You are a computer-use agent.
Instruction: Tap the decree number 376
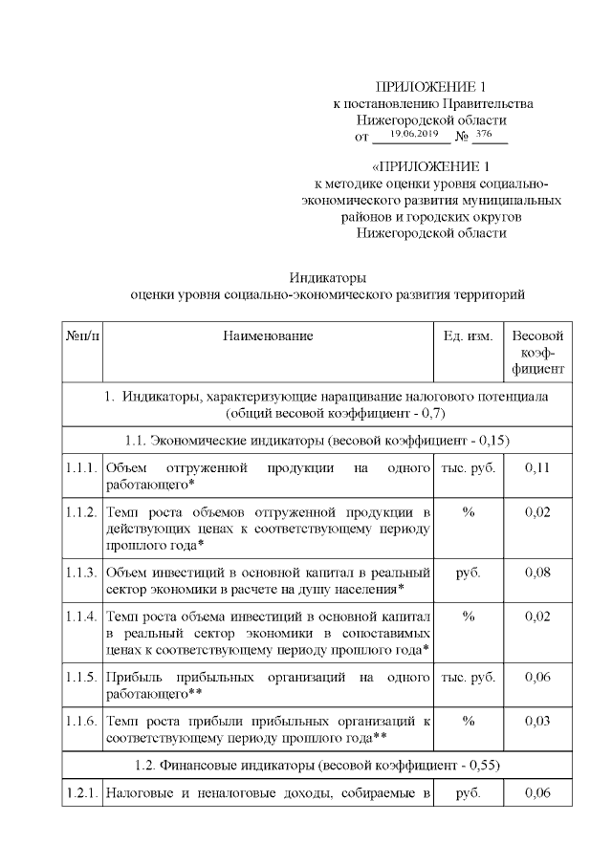(484, 135)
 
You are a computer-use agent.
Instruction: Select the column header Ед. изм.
(468, 336)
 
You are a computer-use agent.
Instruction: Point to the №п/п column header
(81, 336)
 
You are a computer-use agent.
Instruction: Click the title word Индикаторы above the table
(328, 277)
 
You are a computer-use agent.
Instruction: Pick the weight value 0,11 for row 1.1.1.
(537, 467)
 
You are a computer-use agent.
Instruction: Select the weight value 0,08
(537, 572)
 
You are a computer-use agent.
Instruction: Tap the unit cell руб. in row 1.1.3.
(468, 572)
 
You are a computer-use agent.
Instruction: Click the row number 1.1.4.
(81, 616)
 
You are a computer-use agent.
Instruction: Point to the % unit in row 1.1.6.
(468, 720)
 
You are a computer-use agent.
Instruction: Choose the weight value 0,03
(537, 720)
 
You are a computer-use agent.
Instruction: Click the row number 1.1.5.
(81, 677)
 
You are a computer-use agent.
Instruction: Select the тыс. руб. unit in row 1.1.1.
(468, 467)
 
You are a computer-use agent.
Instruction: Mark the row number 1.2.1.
(81, 791)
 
